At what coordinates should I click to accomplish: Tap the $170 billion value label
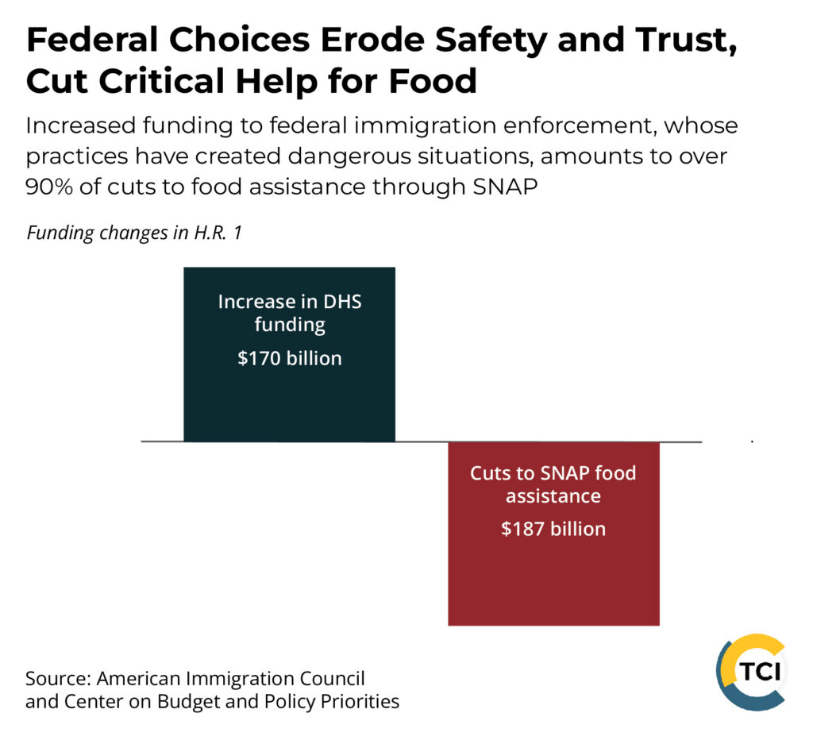point(289,358)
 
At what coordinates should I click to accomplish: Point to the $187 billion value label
point(553,529)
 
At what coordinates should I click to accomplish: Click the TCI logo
point(751,672)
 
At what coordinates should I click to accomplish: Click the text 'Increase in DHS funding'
point(289,313)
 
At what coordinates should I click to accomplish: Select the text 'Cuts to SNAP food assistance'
point(553,484)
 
